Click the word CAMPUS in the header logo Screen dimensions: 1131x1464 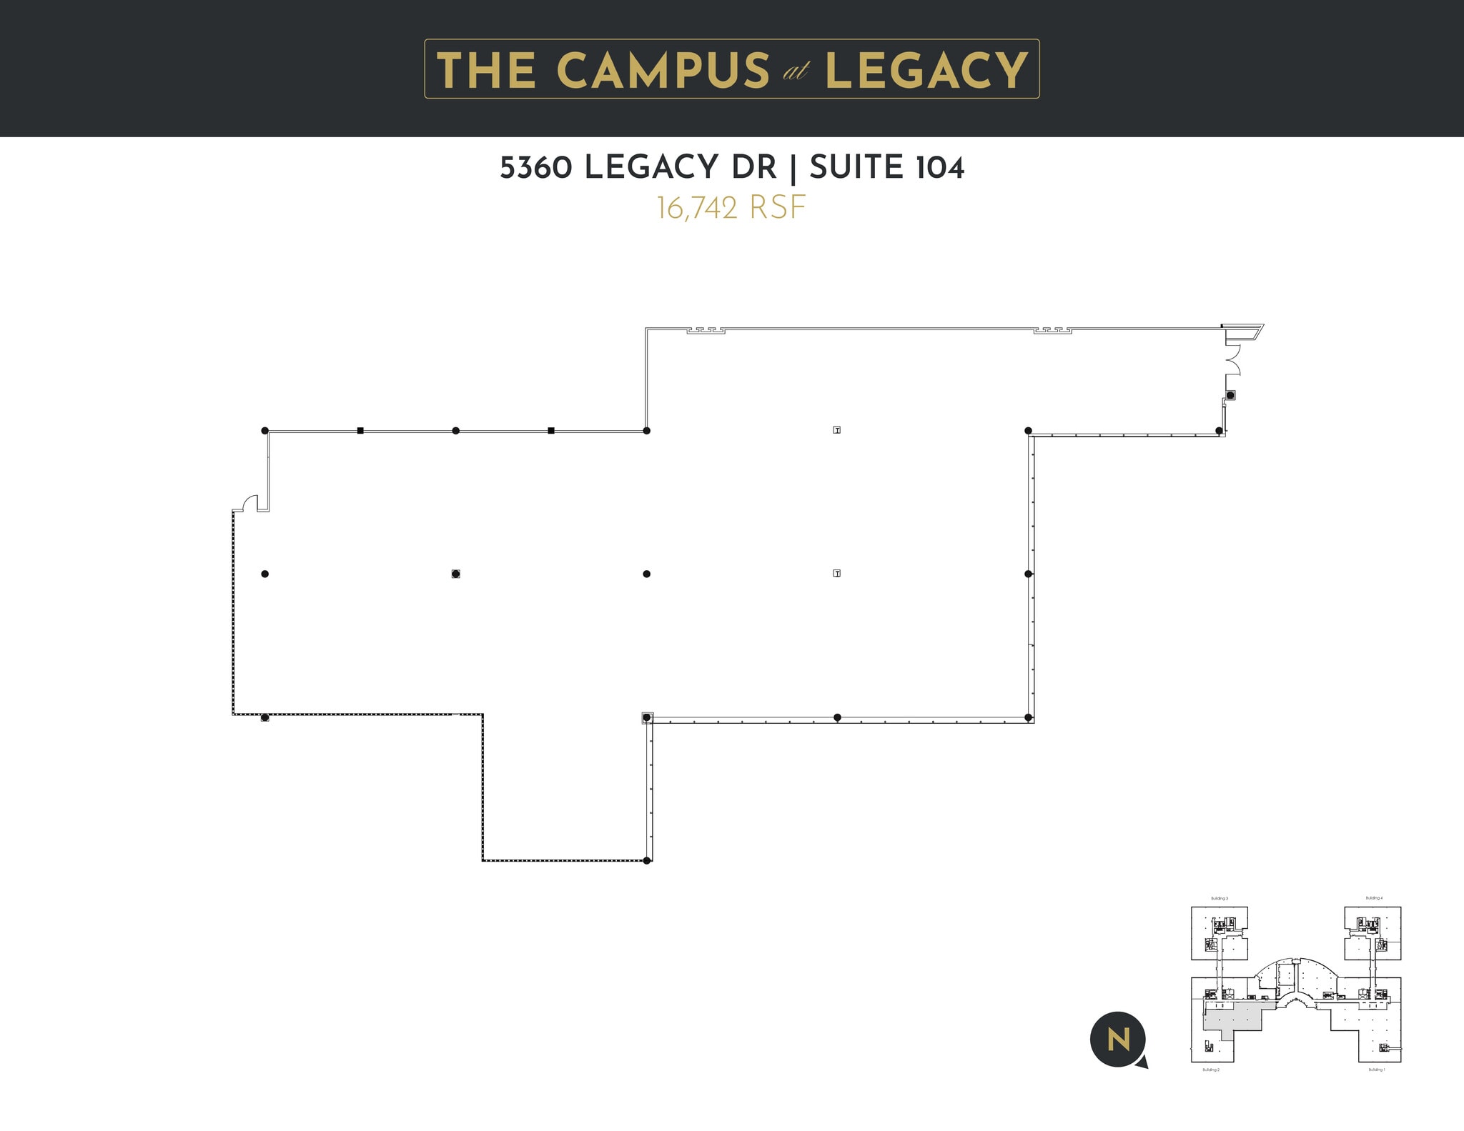click(x=663, y=71)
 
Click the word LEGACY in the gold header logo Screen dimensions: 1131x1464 click(x=926, y=71)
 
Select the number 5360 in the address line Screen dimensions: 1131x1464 click(x=536, y=168)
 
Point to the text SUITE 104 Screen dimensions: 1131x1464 click(x=887, y=168)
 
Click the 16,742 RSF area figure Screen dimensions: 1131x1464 click(x=731, y=208)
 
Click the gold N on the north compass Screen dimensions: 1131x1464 click(x=1118, y=1040)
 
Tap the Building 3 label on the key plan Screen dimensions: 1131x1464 click(x=1220, y=899)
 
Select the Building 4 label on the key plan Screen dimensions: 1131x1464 click(x=1374, y=898)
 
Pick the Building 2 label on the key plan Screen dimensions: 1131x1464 click(x=1211, y=1070)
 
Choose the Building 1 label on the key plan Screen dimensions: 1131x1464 click(x=1376, y=1070)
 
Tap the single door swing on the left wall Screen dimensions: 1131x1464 click(x=249, y=504)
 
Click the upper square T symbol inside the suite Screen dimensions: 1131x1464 click(x=837, y=430)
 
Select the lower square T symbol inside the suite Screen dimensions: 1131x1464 click(x=837, y=573)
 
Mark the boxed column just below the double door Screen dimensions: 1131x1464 click(x=1230, y=395)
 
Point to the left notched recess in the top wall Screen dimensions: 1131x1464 click(x=706, y=331)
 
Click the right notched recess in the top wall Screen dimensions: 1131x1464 click(x=1052, y=331)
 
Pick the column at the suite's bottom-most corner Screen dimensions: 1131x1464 click(x=648, y=860)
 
